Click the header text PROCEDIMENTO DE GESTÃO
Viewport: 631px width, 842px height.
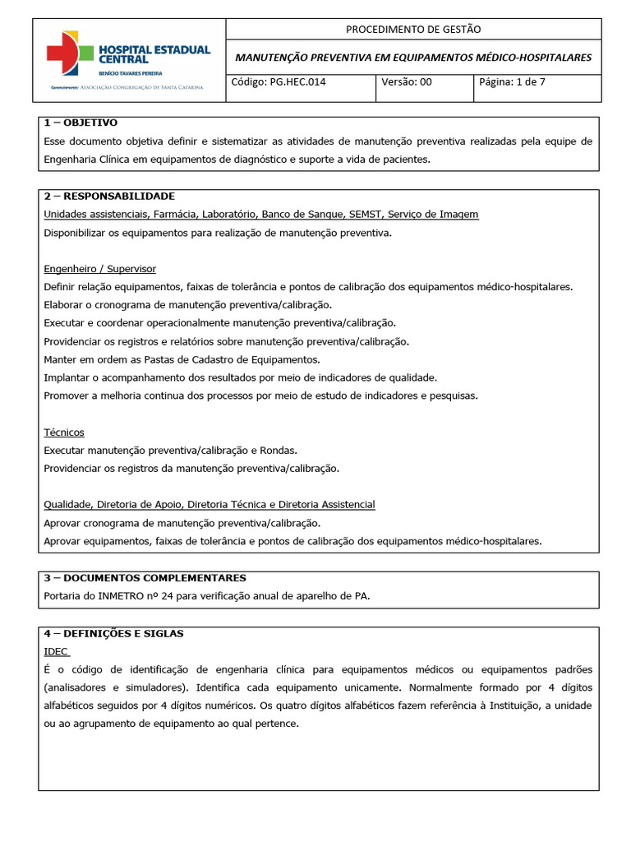tap(413, 29)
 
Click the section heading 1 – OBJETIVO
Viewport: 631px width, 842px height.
tap(80, 123)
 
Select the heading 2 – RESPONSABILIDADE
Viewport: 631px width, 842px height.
tap(108, 196)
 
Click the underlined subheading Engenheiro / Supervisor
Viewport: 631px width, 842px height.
tap(99, 269)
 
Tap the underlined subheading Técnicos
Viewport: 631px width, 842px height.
tap(64, 432)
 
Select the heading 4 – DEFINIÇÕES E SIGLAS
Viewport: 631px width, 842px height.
tap(113, 633)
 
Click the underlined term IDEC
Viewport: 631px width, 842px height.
tap(56, 650)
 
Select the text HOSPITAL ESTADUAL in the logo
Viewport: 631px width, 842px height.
tap(154, 50)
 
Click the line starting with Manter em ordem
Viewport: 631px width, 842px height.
tap(182, 359)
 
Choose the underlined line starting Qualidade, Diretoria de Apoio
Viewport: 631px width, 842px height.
tap(210, 504)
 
